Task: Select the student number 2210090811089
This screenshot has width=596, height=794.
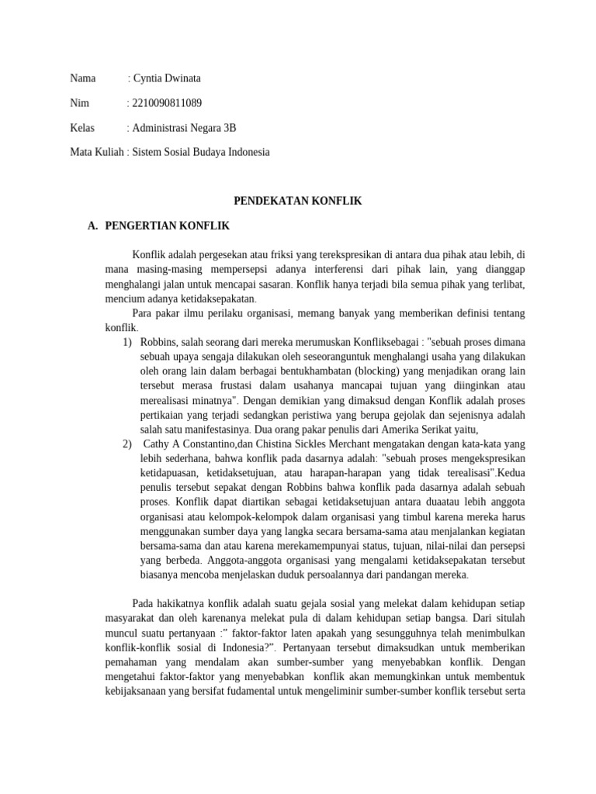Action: [168, 102]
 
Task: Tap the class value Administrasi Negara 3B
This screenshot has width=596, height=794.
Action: [184, 127]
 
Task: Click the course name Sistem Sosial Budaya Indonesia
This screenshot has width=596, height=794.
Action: [201, 152]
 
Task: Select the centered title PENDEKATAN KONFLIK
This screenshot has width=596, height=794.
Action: [298, 201]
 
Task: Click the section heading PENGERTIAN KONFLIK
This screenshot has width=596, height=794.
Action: [167, 226]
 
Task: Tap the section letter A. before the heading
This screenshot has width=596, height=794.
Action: [93, 226]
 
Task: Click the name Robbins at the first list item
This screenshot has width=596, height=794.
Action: [161, 342]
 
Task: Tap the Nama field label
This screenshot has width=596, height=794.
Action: [83, 78]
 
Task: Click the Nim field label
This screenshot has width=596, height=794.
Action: [79, 102]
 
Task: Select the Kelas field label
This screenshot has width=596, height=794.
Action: [82, 127]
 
